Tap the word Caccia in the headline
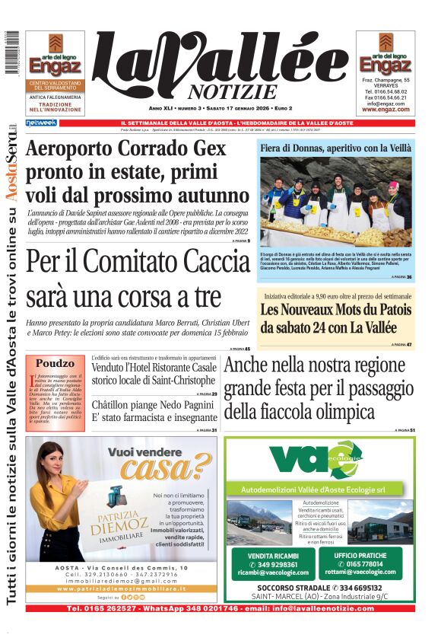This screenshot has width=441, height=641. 204,261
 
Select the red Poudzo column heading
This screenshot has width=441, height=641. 55,363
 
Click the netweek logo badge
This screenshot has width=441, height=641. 41,123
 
